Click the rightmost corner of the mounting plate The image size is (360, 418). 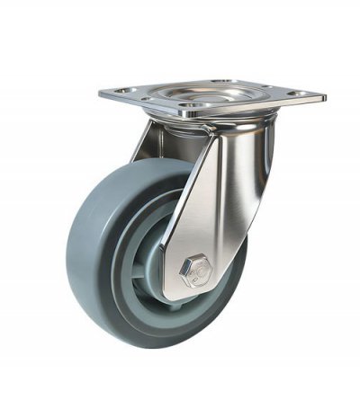coord(323,95)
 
